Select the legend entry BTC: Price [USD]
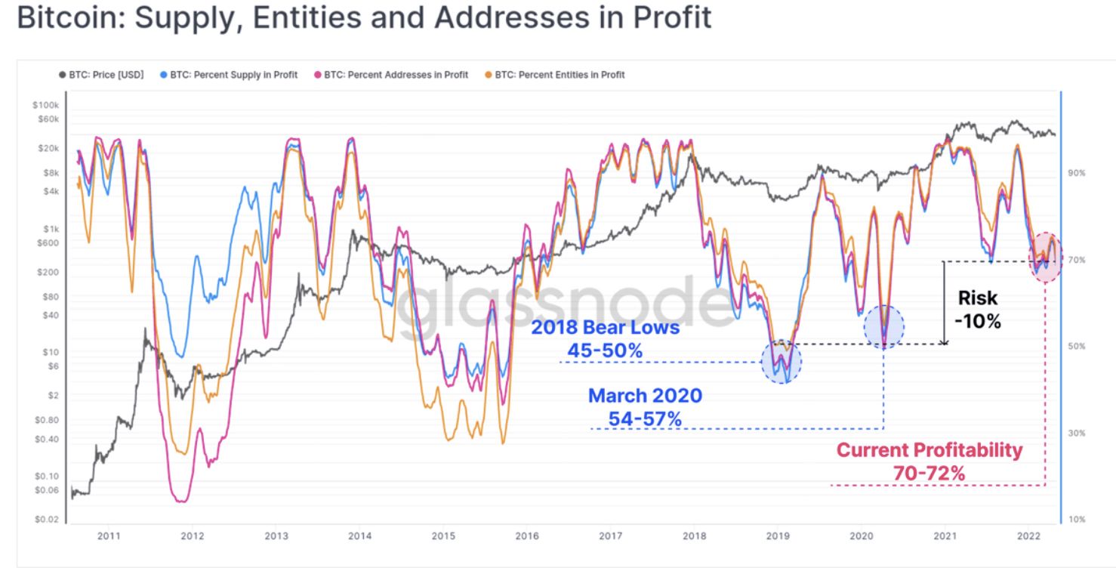click(x=103, y=75)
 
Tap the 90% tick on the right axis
click(x=1076, y=173)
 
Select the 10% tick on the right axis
click(x=1076, y=520)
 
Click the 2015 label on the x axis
click(x=443, y=536)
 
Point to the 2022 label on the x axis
click(x=1028, y=536)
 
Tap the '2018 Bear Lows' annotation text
click(x=605, y=329)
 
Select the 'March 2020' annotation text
click(x=645, y=396)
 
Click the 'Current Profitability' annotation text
click(x=929, y=451)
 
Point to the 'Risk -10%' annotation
click(x=977, y=310)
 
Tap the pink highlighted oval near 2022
click(x=1045, y=258)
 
